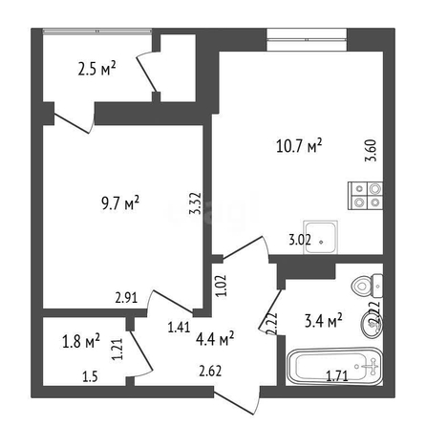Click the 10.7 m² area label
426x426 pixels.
click(x=299, y=146)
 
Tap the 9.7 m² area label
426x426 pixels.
click(x=120, y=203)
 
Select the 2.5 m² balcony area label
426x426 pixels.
click(x=96, y=69)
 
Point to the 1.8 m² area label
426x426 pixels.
click(x=81, y=341)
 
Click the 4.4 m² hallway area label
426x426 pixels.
click(x=215, y=339)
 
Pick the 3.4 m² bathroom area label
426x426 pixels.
click(x=324, y=321)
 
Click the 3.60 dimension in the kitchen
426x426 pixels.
click(x=371, y=150)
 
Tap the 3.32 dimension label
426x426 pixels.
click(x=195, y=203)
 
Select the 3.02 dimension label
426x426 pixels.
click(x=300, y=240)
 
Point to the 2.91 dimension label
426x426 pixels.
click(x=126, y=298)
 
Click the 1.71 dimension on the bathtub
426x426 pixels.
click(x=337, y=376)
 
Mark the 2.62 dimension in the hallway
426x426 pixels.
click(x=210, y=371)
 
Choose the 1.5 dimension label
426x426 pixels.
click(x=90, y=377)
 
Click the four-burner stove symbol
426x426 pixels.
click(x=365, y=196)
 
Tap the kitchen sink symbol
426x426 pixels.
click(x=321, y=237)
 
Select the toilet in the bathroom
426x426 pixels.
click(x=367, y=286)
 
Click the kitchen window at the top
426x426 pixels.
click(x=307, y=39)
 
